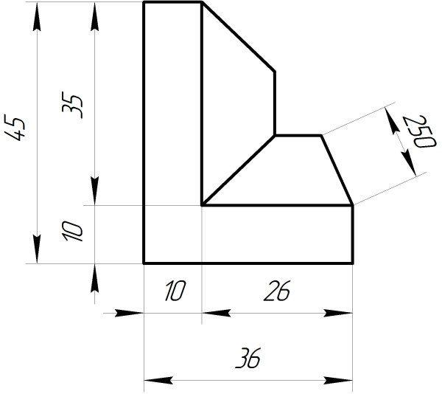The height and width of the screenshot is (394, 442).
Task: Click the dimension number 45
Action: [15, 128]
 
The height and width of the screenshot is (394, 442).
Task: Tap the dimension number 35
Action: [72, 105]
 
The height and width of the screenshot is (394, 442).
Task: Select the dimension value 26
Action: [277, 291]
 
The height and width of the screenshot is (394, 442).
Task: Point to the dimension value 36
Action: [248, 358]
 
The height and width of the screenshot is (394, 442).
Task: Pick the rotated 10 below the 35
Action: [72, 231]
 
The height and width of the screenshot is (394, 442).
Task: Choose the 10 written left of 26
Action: [175, 291]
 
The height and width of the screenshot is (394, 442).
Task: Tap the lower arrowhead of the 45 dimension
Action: [37, 249]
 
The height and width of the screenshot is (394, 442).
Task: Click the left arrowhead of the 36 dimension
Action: [158, 380]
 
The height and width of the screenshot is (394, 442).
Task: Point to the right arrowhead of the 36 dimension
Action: [338, 380]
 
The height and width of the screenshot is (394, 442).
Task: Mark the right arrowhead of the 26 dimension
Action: [338, 313]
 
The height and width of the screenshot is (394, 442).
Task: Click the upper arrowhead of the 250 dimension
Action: [393, 121]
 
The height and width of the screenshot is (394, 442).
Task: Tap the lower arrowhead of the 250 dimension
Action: [410, 163]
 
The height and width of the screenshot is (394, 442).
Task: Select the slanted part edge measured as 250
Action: [337, 170]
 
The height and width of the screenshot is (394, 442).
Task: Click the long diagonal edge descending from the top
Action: [239, 37]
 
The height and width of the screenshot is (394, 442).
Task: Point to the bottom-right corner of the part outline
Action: [353, 263]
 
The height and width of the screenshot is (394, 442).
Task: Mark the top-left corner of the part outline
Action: [144, 2]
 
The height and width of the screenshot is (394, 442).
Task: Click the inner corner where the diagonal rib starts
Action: [202, 205]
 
